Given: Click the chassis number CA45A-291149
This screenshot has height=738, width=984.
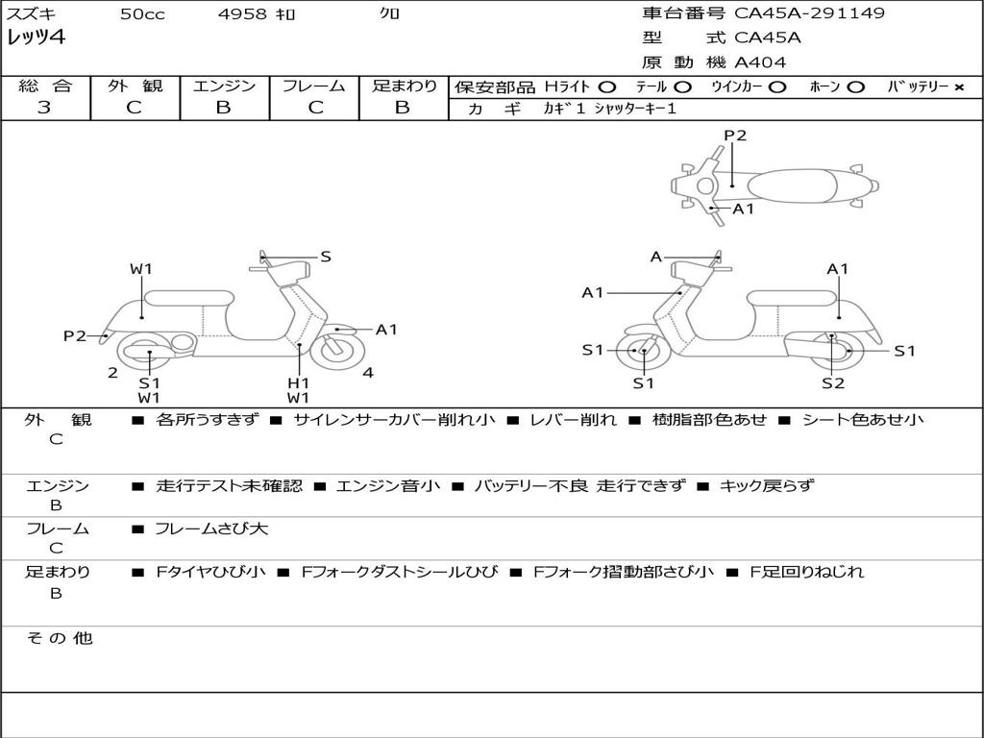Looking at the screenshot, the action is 809,12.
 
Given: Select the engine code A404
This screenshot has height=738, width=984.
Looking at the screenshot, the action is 760,62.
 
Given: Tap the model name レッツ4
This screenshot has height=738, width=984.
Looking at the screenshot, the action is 36,37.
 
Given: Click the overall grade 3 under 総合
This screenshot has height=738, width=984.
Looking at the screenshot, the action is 44,108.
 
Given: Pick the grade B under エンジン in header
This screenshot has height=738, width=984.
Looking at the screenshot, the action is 223,108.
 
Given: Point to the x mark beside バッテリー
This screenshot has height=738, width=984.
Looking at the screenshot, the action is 959,87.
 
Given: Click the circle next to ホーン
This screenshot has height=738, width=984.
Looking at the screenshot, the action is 855,87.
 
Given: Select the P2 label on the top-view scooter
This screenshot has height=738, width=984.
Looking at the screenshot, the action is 735,135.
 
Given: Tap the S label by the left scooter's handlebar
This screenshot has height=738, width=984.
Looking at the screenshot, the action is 326,257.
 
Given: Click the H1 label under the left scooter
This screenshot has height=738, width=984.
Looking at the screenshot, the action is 298,382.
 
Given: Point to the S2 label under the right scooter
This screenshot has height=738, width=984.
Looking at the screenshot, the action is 833,382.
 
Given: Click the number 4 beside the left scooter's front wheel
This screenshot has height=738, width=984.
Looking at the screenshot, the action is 368,373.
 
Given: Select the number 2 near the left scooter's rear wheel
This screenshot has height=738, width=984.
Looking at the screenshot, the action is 113,373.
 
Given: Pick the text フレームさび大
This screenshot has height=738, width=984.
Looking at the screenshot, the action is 211,529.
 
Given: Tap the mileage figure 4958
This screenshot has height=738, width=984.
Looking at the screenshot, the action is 242,13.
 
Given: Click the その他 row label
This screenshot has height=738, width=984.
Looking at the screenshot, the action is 60,638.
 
